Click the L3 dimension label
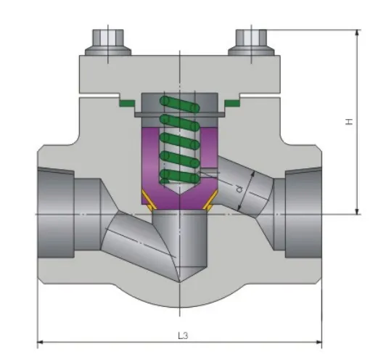[183, 335]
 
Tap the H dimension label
[349, 121]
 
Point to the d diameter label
[239, 189]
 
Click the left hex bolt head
[108, 38]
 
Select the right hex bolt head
[251, 38]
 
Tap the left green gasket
[127, 103]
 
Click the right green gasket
[232, 103]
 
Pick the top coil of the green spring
[179, 104]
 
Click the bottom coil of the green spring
[179, 177]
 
